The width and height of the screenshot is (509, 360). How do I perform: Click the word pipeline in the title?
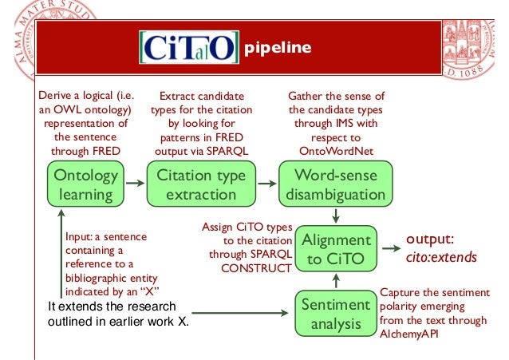[x=277, y=48]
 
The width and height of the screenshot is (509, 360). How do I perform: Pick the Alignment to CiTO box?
[x=338, y=249]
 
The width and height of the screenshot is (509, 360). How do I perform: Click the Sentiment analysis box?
[x=335, y=314]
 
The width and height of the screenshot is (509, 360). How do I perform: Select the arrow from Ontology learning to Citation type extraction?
[x=135, y=184]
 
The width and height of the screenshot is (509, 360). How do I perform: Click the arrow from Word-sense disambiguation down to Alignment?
[x=337, y=216]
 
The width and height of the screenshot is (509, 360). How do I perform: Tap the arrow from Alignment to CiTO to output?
[x=390, y=249]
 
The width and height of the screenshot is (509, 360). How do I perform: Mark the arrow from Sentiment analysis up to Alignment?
[x=337, y=281]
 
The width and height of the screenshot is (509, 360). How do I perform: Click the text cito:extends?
[x=442, y=257]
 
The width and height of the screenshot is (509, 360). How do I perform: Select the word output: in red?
[x=432, y=239]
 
